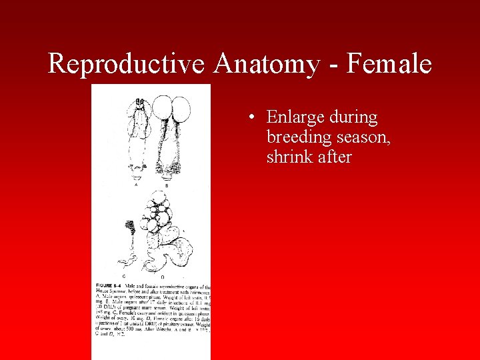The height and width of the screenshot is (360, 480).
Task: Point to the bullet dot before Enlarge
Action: (x=249, y=119)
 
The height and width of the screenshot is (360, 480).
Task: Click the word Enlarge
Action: (x=298, y=118)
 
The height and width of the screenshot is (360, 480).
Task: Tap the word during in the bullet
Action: (x=355, y=118)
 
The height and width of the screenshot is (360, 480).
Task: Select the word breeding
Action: (x=297, y=137)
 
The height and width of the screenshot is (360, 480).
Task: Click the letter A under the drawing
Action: (x=137, y=185)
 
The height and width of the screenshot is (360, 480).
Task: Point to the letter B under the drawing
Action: (x=166, y=185)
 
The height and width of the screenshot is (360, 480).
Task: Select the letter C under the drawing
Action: (x=124, y=275)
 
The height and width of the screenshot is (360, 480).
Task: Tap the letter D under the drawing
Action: (x=162, y=275)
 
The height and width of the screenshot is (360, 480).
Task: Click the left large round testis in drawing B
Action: (x=162, y=107)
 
